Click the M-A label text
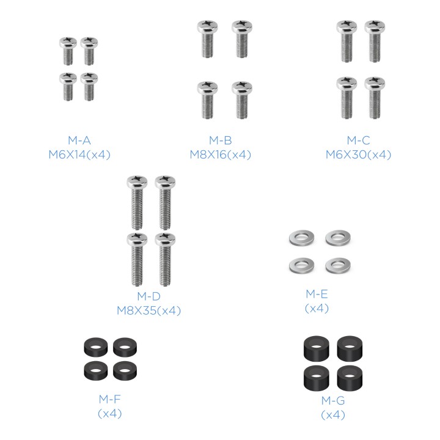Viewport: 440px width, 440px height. (x=79, y=141)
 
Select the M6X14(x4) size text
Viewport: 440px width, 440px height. (x=79, y=155)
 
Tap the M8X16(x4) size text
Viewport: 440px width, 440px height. (x=220, y=155)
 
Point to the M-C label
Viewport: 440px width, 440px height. (x=358, y=141)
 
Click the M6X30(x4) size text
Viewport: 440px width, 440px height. (x=358, y=155)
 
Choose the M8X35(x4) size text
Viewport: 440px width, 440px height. (x=148, y=310)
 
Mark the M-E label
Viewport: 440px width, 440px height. (x=317, y=294)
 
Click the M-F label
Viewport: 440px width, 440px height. (x=110, y=399)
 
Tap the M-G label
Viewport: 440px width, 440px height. (x=333, y=400)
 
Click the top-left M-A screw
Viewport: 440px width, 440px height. (x=68, y=51)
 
